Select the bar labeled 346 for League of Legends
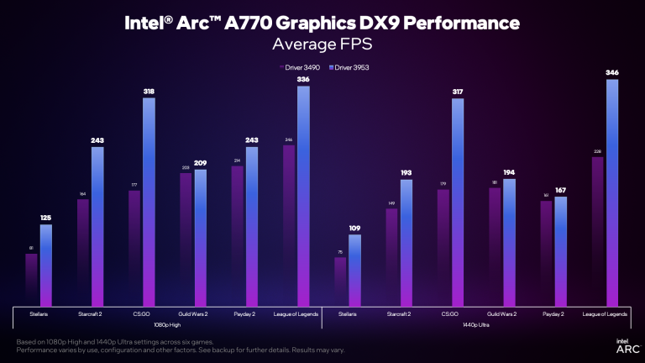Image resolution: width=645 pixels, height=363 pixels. (x=611, y=193)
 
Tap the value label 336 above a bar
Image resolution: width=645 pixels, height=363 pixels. (x=303, y=80)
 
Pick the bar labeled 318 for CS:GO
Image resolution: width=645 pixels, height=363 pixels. (x=149, y=202)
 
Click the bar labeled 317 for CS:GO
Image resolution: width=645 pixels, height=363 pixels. (x=457, y=202)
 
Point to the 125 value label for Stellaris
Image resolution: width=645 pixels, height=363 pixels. (x=45, y=218)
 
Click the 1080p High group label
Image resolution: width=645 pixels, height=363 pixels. (x=167, y=324)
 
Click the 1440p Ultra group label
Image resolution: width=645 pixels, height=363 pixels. (x=476, y=324)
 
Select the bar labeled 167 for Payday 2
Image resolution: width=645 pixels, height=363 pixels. (x=560, y=252)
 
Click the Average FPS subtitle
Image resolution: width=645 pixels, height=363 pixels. (x=322, y=42)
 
